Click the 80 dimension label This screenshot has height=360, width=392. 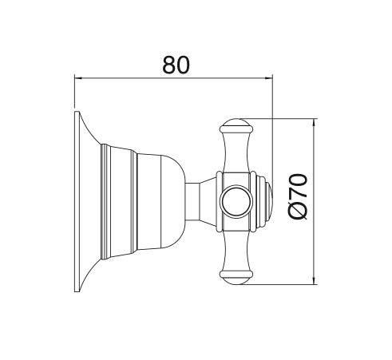(176, 65)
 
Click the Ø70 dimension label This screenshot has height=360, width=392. (298, 197)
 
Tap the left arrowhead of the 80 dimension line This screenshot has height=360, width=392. (77, 78)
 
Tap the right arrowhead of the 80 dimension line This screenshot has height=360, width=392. (269, 78)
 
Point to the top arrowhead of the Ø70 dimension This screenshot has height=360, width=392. (315, 122)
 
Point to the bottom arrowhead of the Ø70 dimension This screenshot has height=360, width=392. (315, 280)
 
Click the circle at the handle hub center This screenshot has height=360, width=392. (236, 202)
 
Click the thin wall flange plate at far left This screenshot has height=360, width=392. (77, 201)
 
